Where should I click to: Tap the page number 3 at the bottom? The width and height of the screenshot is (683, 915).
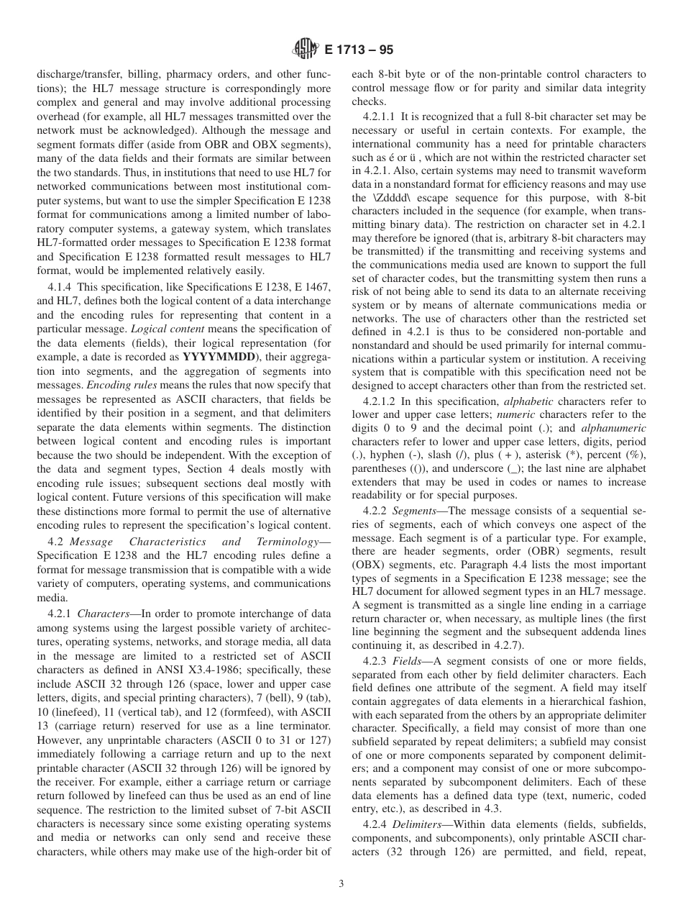(341, 884)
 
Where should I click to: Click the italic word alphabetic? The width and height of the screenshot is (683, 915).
(528, 401)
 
